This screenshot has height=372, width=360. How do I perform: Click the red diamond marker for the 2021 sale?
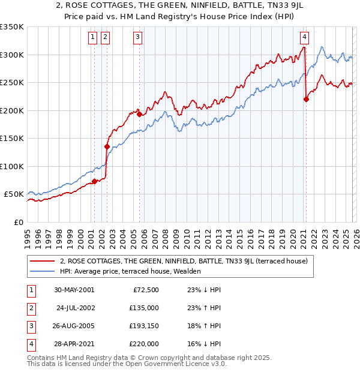click(x=306, y=100)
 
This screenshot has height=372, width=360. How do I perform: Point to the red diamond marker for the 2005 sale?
click(x=140, y=114)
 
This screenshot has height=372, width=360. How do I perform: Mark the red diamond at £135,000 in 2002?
click(x=107, y=146)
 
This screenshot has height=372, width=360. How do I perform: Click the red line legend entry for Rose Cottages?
click(x=184, y=261)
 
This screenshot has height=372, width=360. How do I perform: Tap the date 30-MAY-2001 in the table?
click(x=74, y=290)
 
